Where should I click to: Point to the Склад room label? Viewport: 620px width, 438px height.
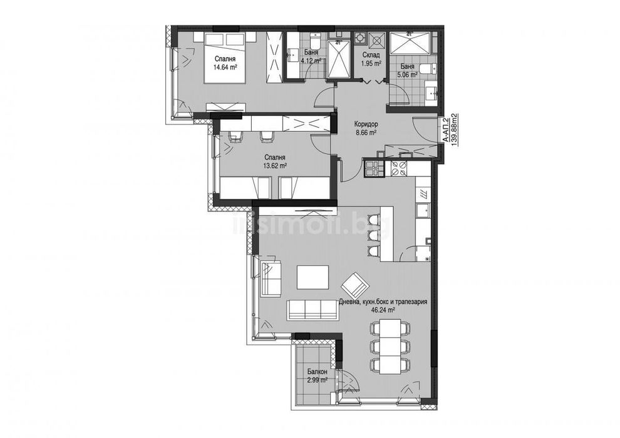pos(371,54)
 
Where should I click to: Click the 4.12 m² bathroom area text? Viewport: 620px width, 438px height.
pos(311,61)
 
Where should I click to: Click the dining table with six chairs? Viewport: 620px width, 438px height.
pos(389,345)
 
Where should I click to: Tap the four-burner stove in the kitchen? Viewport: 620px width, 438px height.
pos(398,167)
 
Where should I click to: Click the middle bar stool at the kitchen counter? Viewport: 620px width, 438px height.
pos(373,236)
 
